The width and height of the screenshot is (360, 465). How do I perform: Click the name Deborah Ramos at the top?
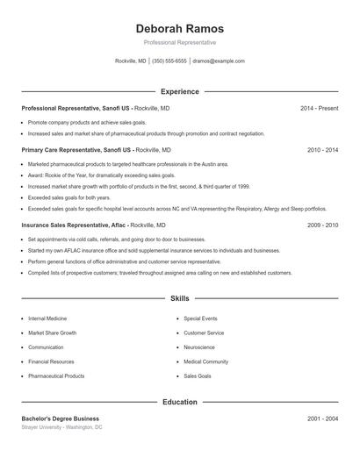point(180,28)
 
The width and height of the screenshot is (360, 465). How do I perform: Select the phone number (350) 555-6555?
point(169,61)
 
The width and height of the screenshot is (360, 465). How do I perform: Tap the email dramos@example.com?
point(219,61)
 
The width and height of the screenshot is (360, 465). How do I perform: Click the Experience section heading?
point(180,91)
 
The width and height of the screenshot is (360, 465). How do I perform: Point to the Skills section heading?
point(180,299)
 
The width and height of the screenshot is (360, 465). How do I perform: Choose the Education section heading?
point(180,403)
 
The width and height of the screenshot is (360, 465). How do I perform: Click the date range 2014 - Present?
point(319,108)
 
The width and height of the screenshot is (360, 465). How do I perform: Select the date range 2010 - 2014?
point(322,150)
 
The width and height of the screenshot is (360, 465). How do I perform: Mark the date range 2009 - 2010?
point(322,225)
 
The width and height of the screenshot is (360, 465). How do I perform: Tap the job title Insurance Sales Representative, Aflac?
point(74,225)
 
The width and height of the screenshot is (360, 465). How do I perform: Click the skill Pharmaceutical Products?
point(56,376)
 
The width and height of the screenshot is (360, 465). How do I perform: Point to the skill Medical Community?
point(206,361)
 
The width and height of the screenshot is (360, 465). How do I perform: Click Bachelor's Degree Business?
point(61,418)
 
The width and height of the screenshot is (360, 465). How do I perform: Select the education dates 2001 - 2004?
point(322,418)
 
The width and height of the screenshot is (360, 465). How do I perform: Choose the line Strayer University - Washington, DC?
point(62,427)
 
